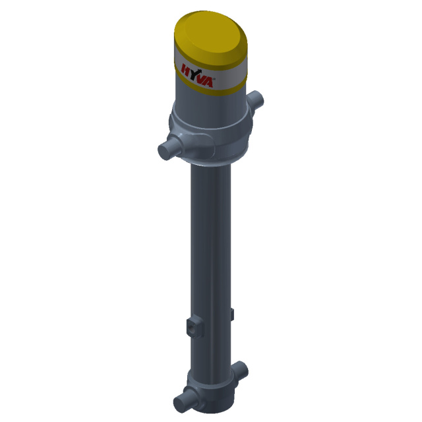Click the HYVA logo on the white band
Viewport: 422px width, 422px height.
pos(198,76)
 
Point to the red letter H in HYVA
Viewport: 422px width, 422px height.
pos(185,69)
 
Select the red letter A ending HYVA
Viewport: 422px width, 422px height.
pos(208,82)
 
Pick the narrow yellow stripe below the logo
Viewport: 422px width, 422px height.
pos(211,86)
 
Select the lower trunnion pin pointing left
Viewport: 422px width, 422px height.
pos(183,400)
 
